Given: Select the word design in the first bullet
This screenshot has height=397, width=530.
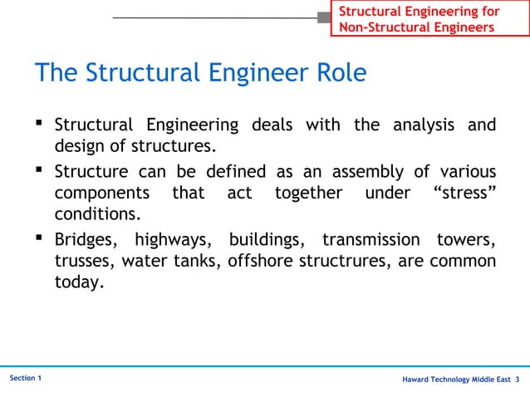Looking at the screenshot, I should pyautogui.click(x=79, y=148).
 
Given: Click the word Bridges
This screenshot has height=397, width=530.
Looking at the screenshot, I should pyautogui.click(x=87, y=240).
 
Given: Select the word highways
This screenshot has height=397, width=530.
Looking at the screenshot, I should pyautogui.click(x=176, y=240).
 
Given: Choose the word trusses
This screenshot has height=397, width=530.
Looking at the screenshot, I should pyautogui.click(x=83, y=262).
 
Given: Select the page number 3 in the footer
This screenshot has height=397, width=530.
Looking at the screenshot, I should pyautogui.click(x=518, y=380).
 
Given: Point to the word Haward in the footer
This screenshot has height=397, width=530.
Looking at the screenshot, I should pyautogui.click(x=418, y=380).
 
